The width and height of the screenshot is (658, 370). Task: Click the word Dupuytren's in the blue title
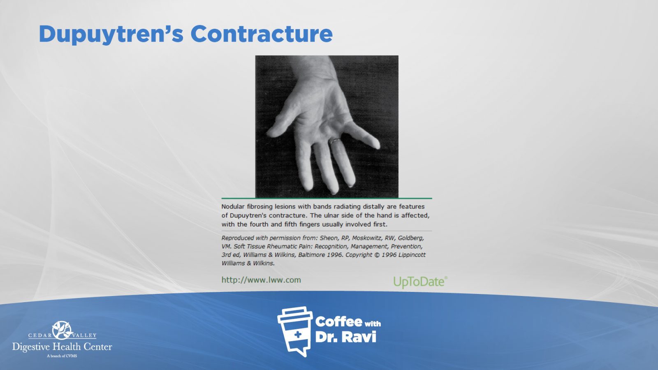pos(111,35)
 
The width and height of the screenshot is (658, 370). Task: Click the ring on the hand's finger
pos(335,141)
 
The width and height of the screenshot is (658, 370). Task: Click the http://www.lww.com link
pos(261,280)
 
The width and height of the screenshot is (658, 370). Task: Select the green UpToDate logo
pos(420,282)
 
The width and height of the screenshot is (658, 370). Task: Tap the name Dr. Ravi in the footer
pos(346,337)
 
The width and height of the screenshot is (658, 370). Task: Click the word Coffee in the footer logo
pos(338,322)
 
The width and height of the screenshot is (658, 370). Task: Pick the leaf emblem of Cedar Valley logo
pos(62,330)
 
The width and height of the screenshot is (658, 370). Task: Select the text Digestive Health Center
pos(62,347)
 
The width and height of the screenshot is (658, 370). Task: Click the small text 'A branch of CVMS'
pos(62,356)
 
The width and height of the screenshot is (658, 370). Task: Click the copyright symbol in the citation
pos(377,255)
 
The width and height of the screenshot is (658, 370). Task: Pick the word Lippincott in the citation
pos(412,255)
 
